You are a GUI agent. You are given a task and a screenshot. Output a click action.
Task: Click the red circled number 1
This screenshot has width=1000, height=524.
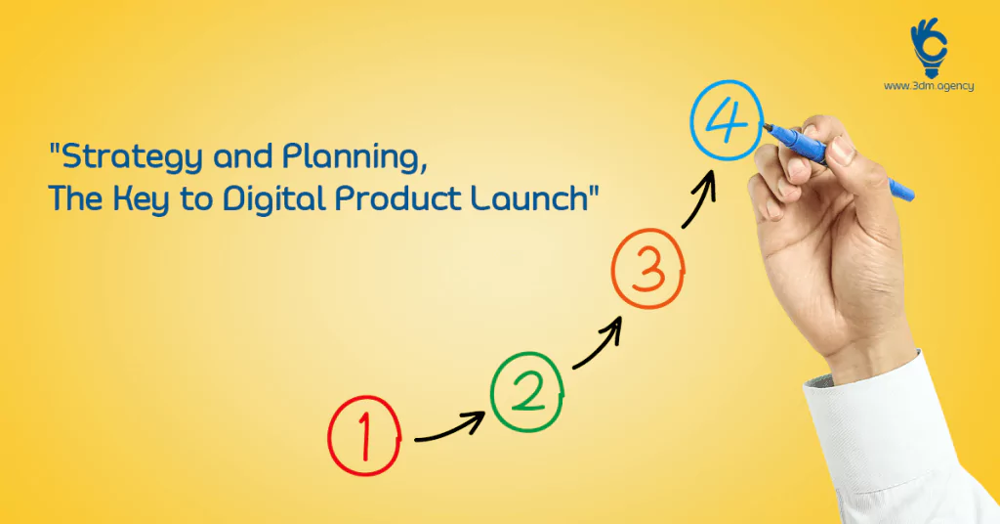point(364,436)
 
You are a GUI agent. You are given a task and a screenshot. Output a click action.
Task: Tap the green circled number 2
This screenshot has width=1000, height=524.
point(527,392)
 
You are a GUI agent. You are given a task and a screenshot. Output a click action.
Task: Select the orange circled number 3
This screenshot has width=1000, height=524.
point(648,269)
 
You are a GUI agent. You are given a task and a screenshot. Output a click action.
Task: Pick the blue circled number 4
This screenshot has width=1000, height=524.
point(727,120)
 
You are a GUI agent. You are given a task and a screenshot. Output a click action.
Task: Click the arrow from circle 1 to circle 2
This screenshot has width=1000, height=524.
point(449,431)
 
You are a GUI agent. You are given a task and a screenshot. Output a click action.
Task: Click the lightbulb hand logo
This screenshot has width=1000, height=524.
point(929,47)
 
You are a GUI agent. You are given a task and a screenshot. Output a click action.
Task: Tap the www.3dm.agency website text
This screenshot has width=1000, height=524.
point(929,86)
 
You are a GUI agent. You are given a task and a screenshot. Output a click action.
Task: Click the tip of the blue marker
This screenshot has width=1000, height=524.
point(765,125)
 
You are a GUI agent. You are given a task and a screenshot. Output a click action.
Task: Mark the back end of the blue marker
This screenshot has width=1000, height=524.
point(911,196)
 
